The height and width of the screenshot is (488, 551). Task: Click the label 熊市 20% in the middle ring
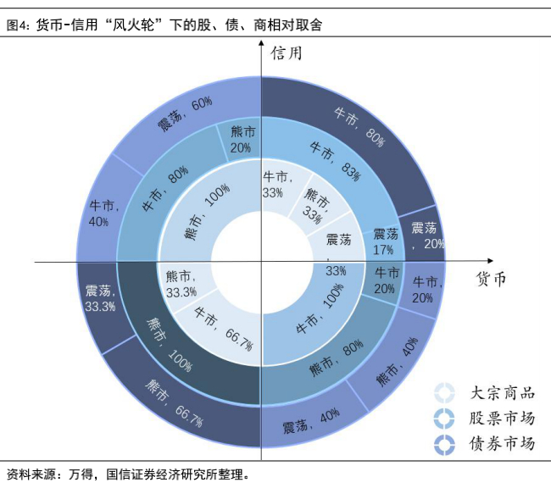(x=242, y=140)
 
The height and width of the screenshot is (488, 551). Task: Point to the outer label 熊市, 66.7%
(x=175, y=407)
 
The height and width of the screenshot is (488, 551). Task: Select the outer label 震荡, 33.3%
(x=99, y=298)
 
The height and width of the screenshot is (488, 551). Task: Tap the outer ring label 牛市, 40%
(x=103, y=213)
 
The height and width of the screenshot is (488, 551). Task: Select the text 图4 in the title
(x=16, y=25)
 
